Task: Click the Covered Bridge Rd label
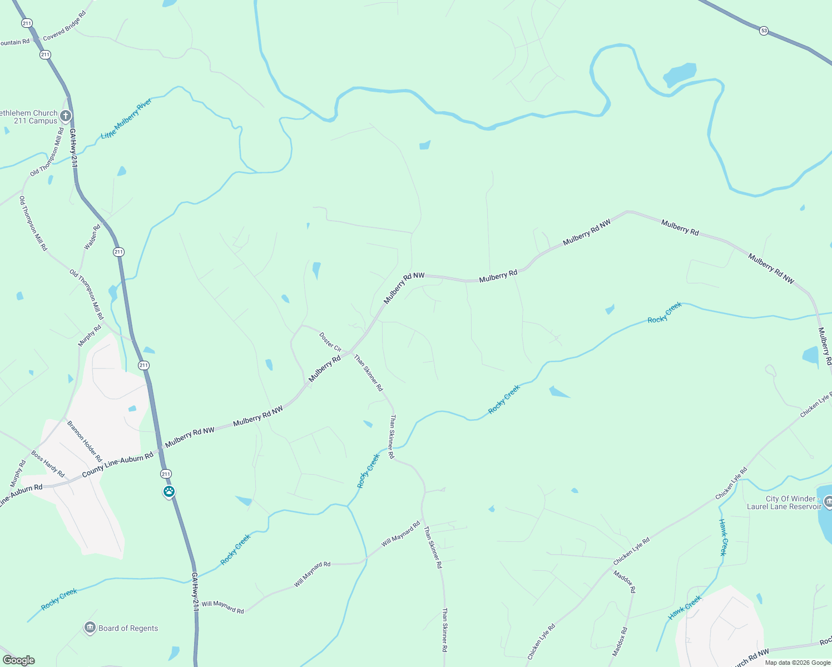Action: (65, 26)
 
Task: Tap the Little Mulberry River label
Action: (126, 119)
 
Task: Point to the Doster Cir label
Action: (330, 342)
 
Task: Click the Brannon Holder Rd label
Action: (85, 442)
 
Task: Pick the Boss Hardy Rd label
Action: (48, 464)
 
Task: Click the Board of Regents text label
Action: (128, 629)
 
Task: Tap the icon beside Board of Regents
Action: (90, 628)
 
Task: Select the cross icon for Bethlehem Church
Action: (66, 116)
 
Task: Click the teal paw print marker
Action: (169, 492)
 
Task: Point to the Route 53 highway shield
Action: (764, 31)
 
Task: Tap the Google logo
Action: (18, 660)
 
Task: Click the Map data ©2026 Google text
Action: (798, 663)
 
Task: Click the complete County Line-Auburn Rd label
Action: (117, 464)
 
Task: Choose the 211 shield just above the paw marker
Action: (166, 474)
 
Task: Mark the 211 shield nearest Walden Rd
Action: (118, 252)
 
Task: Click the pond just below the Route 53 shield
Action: (680, 74)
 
